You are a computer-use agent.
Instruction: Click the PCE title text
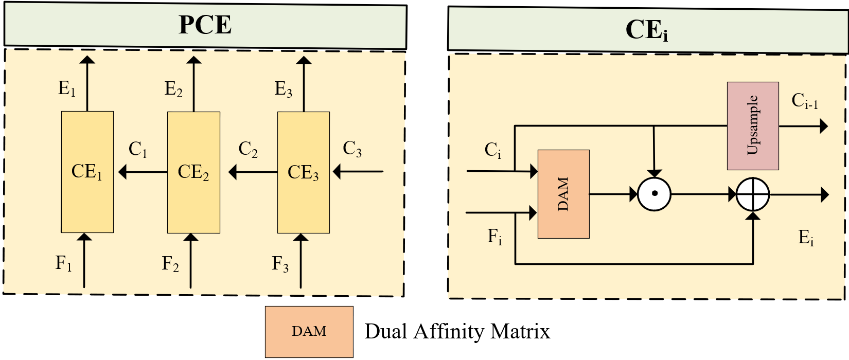(205, 25)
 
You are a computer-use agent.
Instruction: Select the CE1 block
(87, 172)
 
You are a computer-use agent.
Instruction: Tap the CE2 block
(193, 172)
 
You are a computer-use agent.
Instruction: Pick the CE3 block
(303, 172)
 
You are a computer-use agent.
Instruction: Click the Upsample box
(752, 125)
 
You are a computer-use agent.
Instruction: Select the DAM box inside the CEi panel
(563, 194)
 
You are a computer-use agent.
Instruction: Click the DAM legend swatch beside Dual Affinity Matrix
(309, 331)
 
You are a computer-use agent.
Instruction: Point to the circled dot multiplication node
(654, 194)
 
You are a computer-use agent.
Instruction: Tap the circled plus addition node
(752, 195)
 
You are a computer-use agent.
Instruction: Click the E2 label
(173, 89)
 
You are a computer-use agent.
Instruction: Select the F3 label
(280, 264)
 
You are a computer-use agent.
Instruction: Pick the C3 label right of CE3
(352, 149)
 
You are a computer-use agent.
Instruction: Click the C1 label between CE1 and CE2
(137, 149)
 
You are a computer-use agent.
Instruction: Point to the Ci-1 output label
(804, 101)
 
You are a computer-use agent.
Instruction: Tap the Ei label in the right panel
(806, 238)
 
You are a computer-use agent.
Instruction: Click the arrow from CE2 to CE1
(143, 172)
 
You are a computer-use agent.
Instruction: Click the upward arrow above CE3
(304, 82)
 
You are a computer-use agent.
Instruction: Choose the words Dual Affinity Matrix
(457, 331)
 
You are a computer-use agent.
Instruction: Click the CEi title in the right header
(646, 30)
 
